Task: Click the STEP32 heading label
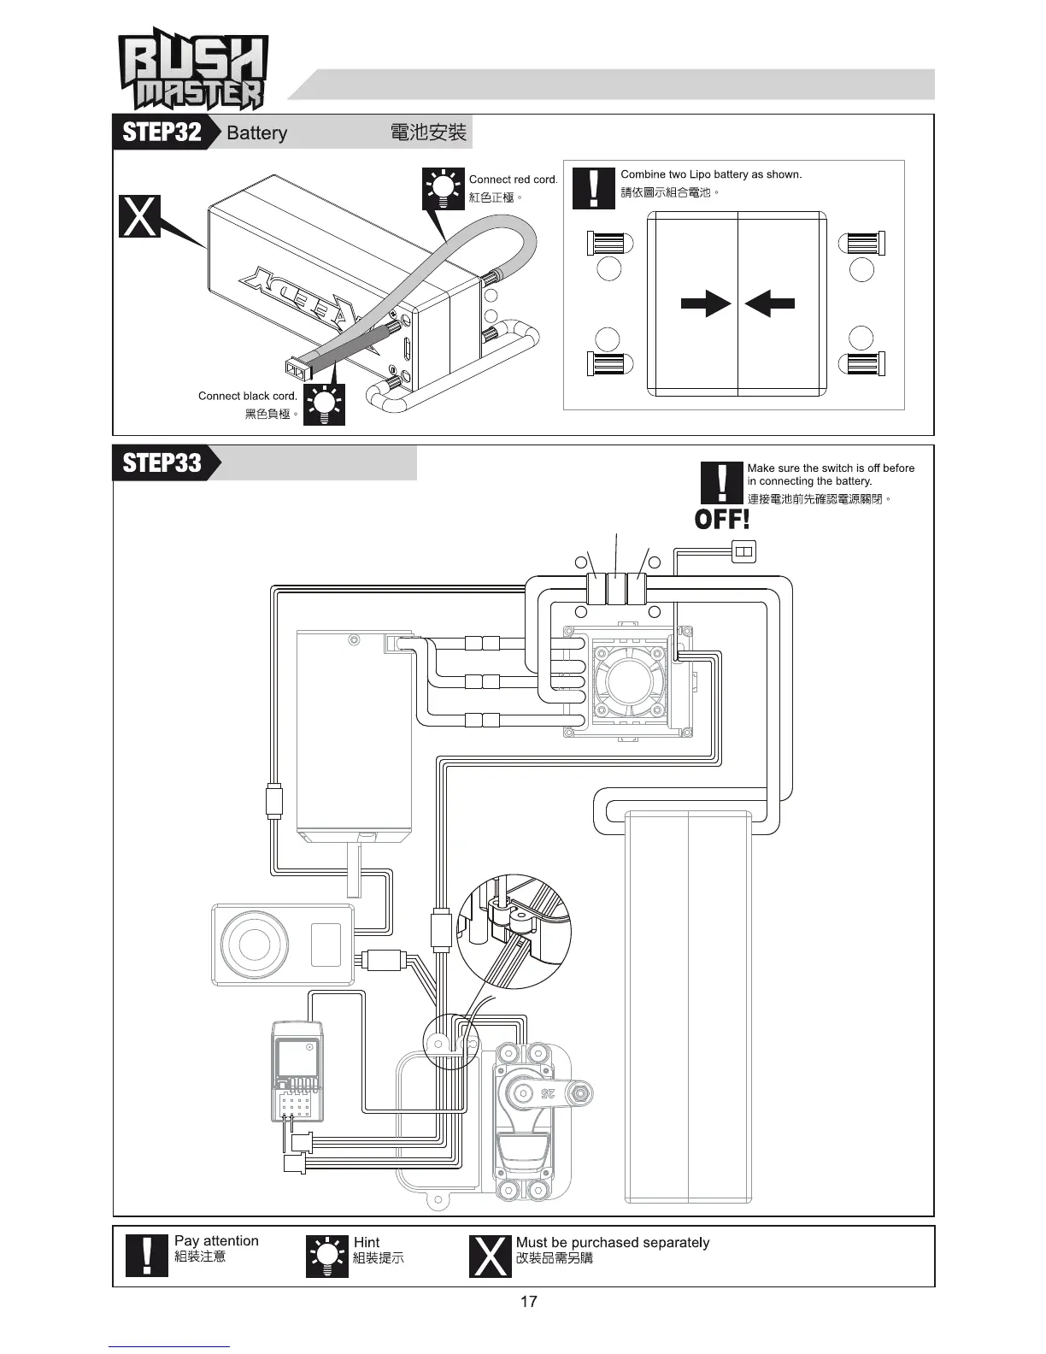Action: click(162, 132)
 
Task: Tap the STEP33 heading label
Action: click(162, 462)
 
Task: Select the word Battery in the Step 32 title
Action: click(256, 133)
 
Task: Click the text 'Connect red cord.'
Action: click(513, 180)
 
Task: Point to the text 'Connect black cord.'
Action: click(248, 396)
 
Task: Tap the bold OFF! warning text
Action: click(722, 519)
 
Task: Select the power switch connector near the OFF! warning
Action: click(743, 551)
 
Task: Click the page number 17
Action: click(528, 1302)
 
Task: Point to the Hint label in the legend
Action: click(367, 1242)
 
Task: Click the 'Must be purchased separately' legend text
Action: click(613, 1242)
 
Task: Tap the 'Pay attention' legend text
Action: click(216, 1241)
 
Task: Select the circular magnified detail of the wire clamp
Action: click(514, 932)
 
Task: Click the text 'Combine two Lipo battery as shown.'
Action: click(711, 174)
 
